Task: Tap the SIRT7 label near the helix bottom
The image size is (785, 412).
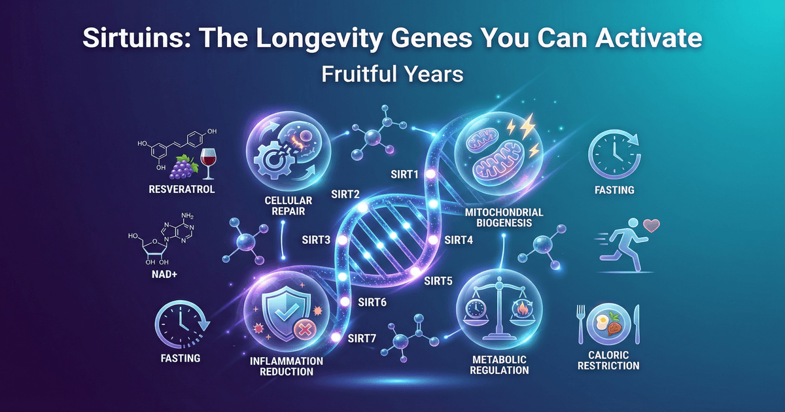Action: click(x=362, y=338)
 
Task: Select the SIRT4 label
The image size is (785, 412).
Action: click(x=460, y=239)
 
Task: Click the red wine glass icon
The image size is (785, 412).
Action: click(x=208, y=163)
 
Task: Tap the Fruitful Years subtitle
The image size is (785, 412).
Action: click(x=392, y=74)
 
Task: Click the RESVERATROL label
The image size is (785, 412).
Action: click(x=174, y=190)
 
